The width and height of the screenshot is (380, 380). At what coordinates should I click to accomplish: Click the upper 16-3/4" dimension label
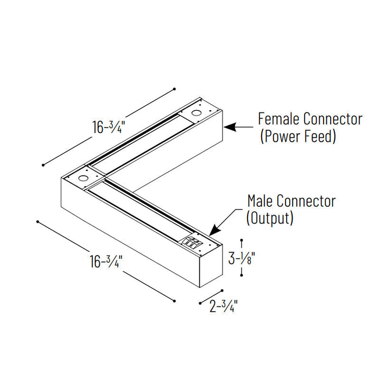tap(109, 127)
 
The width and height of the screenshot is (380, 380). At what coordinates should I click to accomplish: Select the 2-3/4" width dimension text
tap(224, 307)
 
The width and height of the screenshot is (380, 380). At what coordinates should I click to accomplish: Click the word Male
tap(260, 201)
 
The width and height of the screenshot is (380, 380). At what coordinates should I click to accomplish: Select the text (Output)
tap(270, 218)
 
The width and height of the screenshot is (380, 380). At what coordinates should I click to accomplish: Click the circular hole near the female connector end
tap(195, 114)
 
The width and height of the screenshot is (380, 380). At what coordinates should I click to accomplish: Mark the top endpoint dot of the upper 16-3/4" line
tap(174, 88)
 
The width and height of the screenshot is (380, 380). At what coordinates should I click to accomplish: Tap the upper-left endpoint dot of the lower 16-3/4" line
tap(37, 221)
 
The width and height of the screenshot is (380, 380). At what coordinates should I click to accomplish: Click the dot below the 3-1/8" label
tap(242, 277)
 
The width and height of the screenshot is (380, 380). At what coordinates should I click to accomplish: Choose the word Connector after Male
tap(306, 201)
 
